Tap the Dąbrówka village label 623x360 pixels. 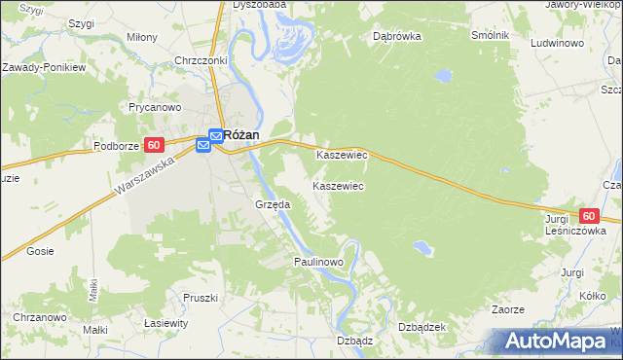click(x=395, y=36)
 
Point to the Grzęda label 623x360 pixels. click(x=273, y=205)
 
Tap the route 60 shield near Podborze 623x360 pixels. click(x=153, y=145)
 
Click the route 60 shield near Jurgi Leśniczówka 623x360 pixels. click(x=588, y=216)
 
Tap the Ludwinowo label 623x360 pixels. click(x=556, y=44)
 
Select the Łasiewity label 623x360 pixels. click(x=165, y=322)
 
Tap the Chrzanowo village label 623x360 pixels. click(x=39, y=318)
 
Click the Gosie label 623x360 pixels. click(x=41, y=251)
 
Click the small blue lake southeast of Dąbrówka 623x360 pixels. click(x=443, y=74)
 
